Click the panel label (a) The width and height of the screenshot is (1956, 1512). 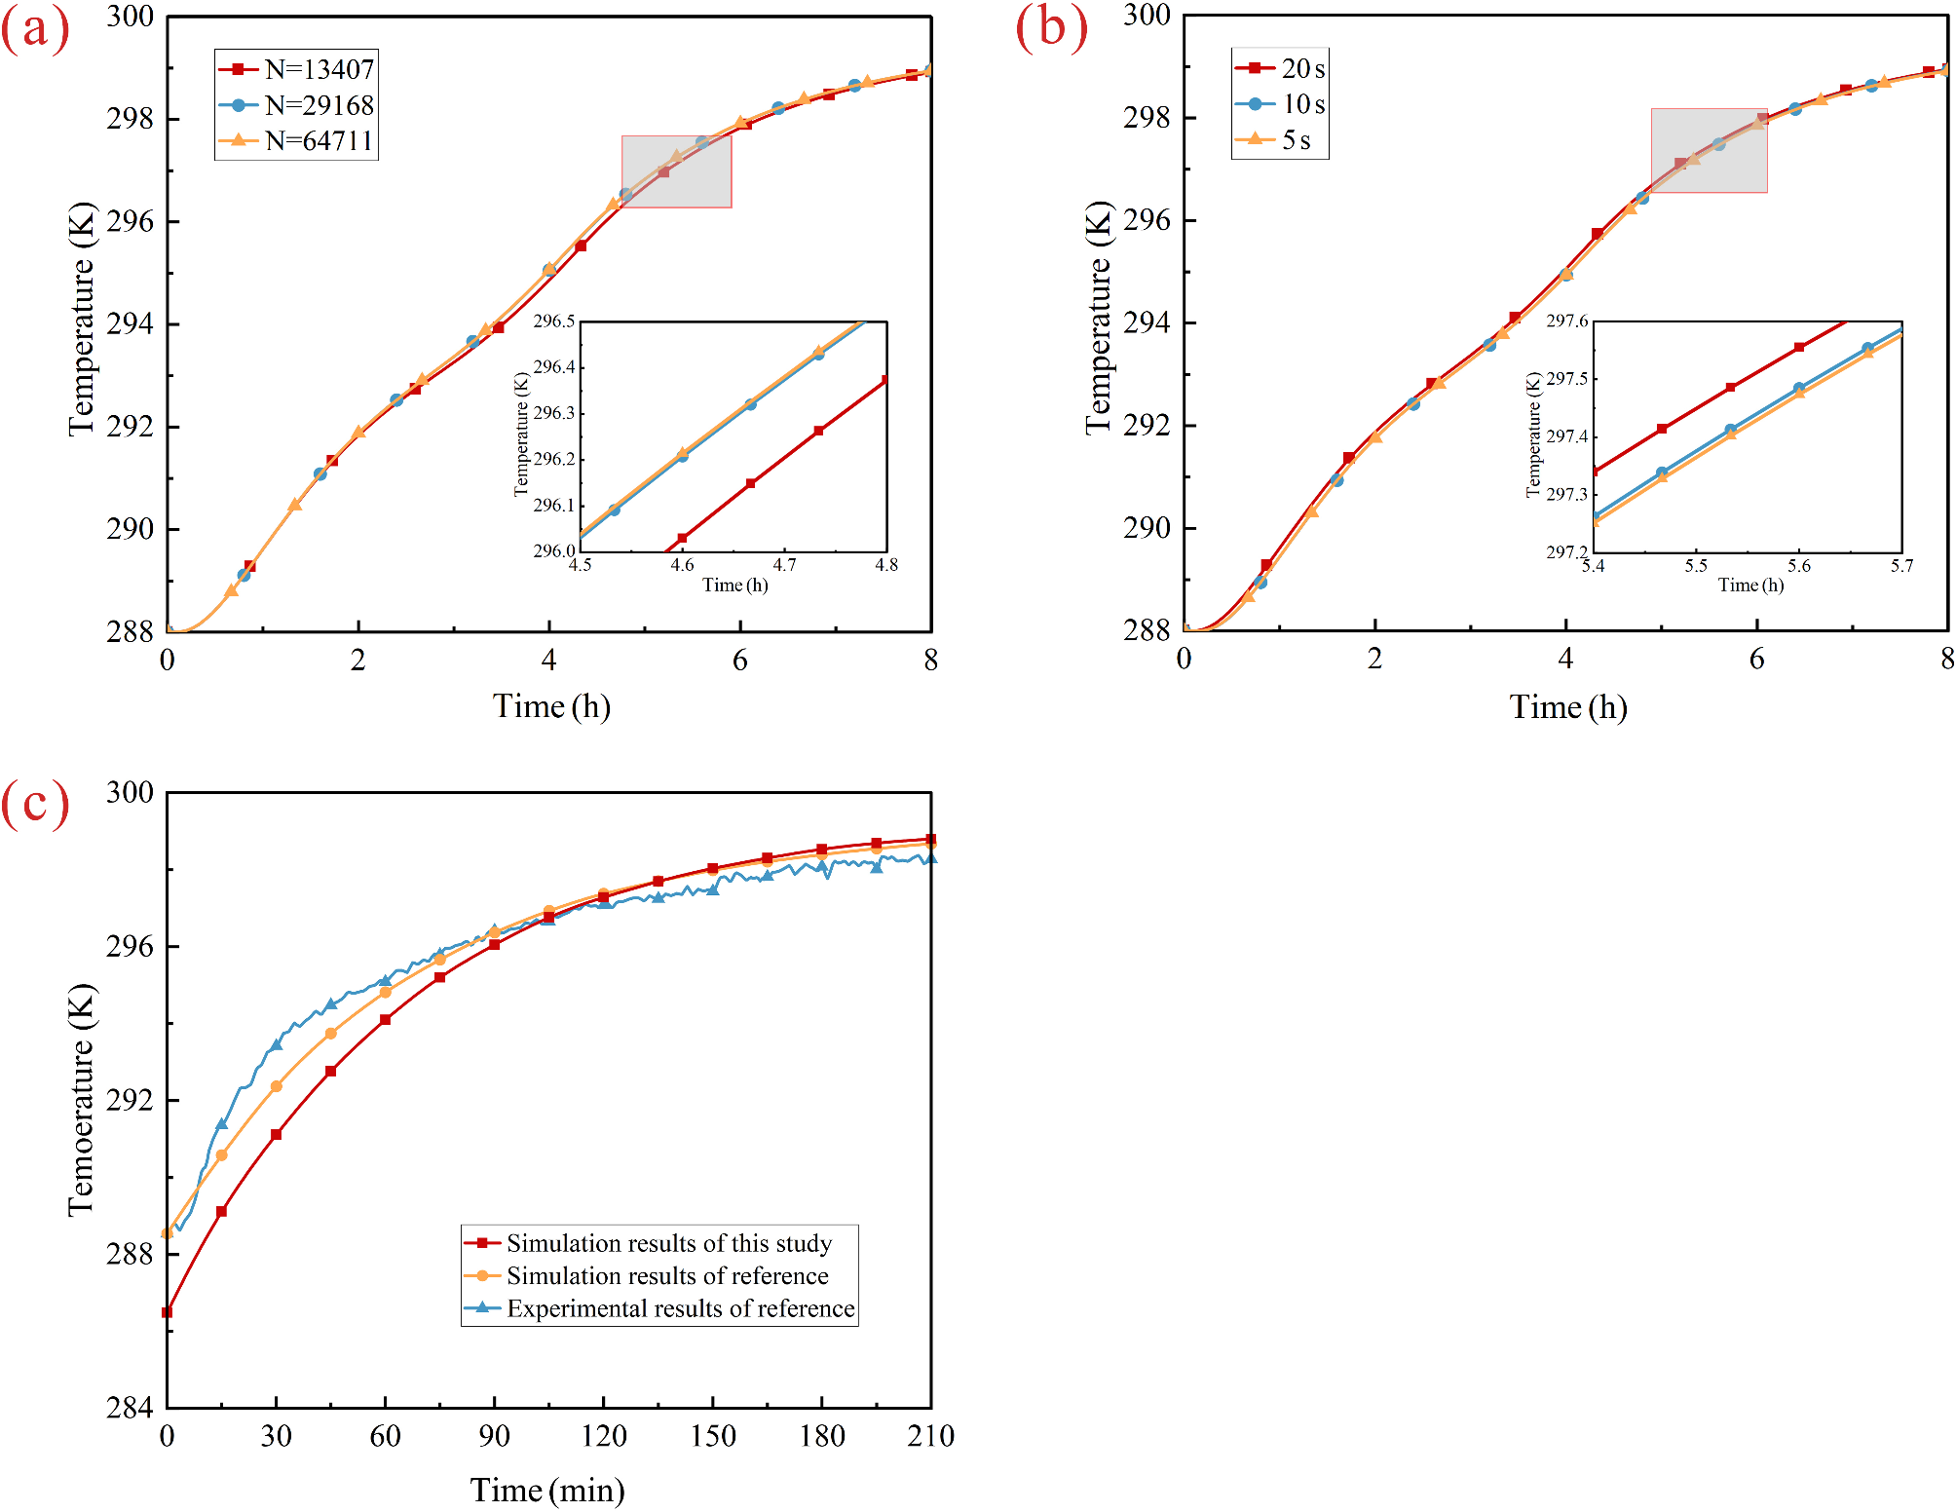[x=35, y=29]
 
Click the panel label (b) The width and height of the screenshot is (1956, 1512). [x=1051, y=27]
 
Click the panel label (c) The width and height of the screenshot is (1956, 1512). [x=35, y=804]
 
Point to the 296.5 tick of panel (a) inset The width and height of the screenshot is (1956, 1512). [x=554, y=321]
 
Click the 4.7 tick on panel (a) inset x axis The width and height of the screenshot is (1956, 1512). [x=784, y=565]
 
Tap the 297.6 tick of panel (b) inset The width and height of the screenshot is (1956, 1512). [x=1567, y=321]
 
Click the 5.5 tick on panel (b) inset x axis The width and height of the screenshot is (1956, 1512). [x=1696, y=566]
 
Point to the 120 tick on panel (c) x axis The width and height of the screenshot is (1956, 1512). [x=604, y=1435]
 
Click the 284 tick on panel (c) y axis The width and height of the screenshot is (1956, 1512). [x=130, y=1408]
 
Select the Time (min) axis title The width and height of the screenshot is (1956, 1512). [x=547, y=1490]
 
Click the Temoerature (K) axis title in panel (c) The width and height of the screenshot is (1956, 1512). [x=82, y=1100]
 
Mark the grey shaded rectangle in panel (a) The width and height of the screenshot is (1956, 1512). [x=677, y=171]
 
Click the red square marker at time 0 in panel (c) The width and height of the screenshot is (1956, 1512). [x=168, y=1312]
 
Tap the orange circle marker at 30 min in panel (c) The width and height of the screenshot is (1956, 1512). [x=277, y=1085]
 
